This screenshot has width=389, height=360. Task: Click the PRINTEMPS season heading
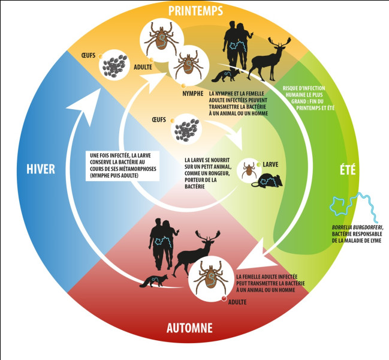(195, 11)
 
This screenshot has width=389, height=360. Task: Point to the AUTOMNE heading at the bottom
(189, 328)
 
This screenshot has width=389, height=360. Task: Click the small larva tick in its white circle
(247, 169)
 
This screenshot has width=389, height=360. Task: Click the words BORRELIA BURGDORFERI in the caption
(357, 227)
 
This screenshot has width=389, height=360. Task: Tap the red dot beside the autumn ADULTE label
(224, 298)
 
